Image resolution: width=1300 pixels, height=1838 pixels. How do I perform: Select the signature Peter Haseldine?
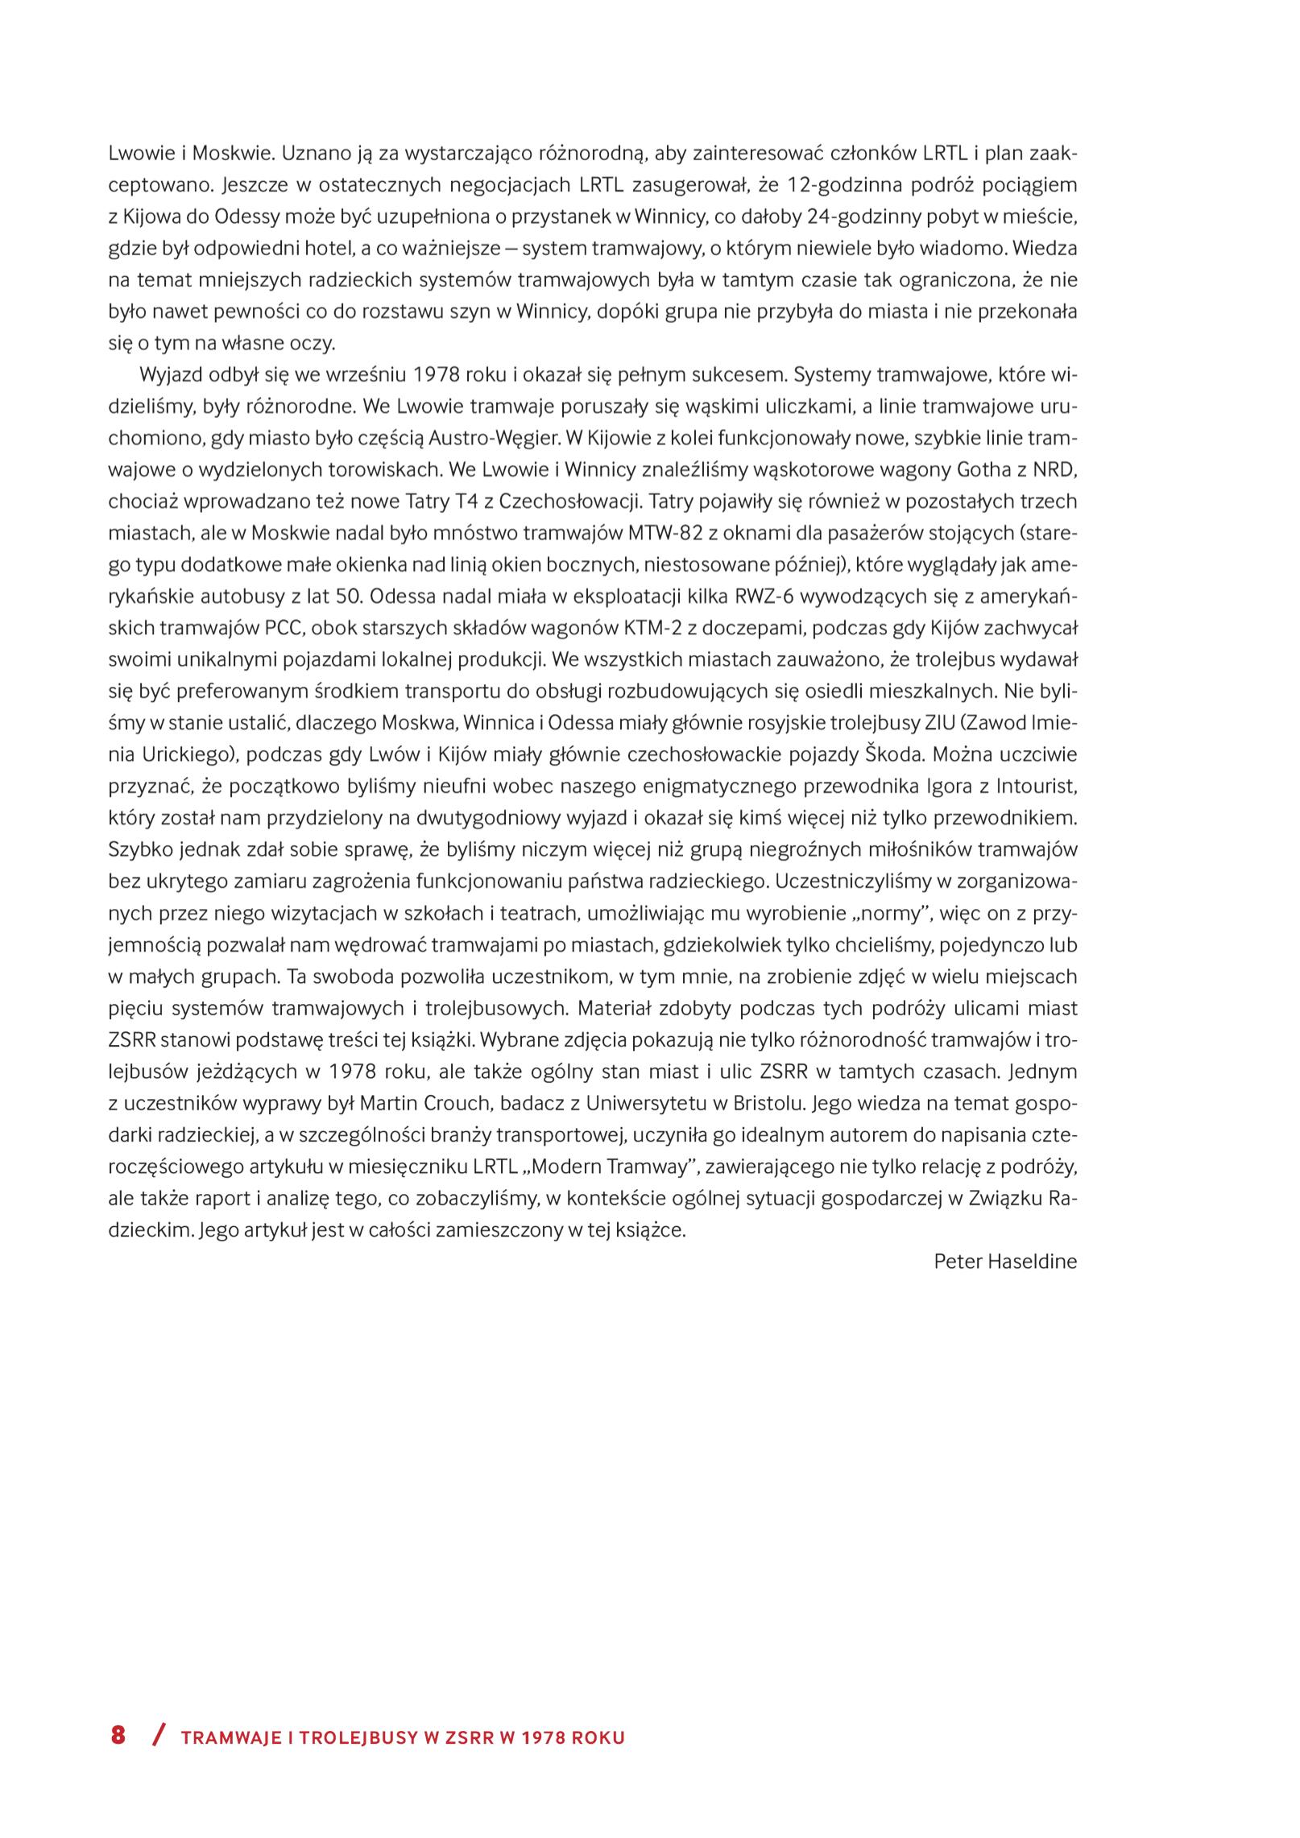point(1004,1262)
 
